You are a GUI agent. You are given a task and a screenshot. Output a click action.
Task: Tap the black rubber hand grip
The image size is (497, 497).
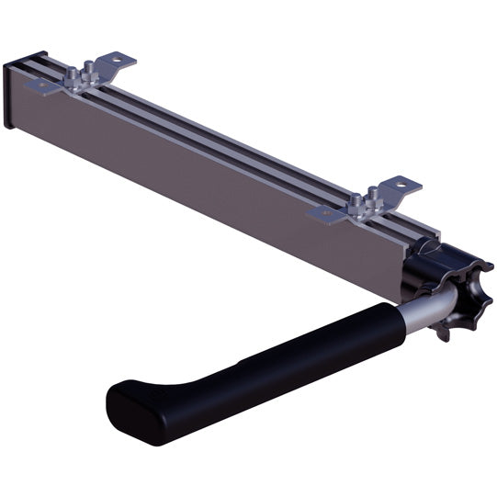[276, 367]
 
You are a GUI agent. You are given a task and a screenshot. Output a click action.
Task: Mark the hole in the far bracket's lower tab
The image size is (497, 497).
[40, 85]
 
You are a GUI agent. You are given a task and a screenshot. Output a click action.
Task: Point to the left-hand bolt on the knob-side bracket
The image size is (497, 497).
[359, 202]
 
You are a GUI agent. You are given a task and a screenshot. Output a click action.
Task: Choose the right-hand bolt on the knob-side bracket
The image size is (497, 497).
[375, 194]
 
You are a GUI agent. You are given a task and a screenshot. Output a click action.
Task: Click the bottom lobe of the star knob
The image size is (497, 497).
[448, 331]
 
